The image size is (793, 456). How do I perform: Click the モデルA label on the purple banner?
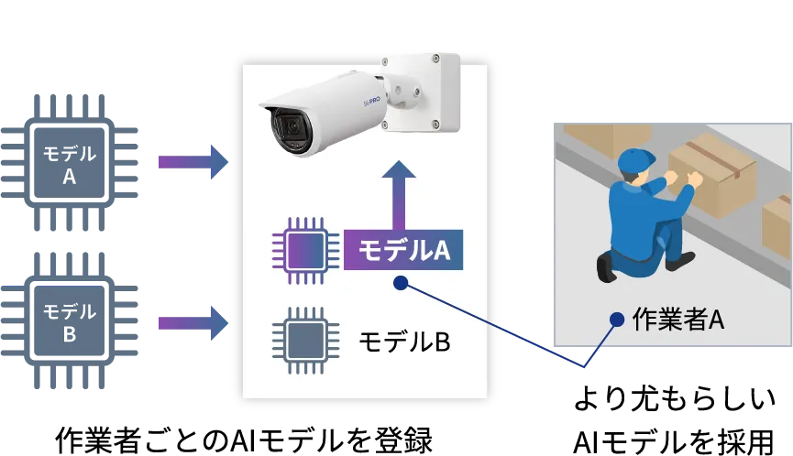pos(403,249)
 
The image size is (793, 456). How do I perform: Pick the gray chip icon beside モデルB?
pos(301,342)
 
